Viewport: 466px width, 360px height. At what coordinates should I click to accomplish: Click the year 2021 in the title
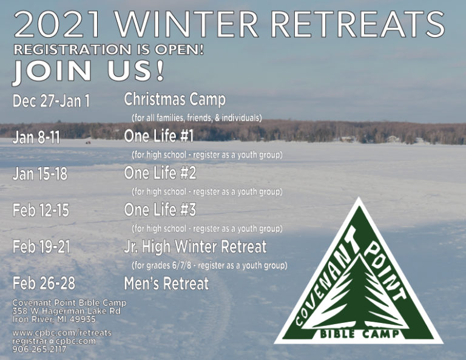point(56,24)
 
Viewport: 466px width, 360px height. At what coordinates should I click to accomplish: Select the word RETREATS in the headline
point(357,24)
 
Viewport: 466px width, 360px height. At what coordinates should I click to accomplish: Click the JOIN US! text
point(88,71)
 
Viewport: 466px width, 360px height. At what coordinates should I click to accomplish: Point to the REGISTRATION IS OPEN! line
point(109,50)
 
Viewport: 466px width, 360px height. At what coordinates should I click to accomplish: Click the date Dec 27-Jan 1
point(51,101)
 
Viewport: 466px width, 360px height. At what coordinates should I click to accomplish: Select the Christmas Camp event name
point(175,100)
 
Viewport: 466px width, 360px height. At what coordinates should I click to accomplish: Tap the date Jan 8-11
point(36,137)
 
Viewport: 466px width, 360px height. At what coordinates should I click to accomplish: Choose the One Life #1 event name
point(159,136)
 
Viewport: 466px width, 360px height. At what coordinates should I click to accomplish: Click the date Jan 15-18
point(40,174)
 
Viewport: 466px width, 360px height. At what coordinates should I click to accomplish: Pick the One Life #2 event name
point(160,173)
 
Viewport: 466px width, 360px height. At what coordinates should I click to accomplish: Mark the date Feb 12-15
point(41,211)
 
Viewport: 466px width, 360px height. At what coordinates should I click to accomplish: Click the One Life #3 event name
point(160,209)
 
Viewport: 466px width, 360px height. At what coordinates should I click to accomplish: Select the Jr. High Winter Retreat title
point(195,247)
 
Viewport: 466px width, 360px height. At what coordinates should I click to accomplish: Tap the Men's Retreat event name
point(166,284)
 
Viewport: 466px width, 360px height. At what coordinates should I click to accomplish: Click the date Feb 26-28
point(44,284)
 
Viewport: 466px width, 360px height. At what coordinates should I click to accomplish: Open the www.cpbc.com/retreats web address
point(62,333)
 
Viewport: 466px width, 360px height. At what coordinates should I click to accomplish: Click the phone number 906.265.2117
point(39,349)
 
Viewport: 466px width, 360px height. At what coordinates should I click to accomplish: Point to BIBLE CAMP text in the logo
point(359,333)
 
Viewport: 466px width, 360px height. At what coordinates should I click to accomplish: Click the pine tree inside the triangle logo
point(360,294)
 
